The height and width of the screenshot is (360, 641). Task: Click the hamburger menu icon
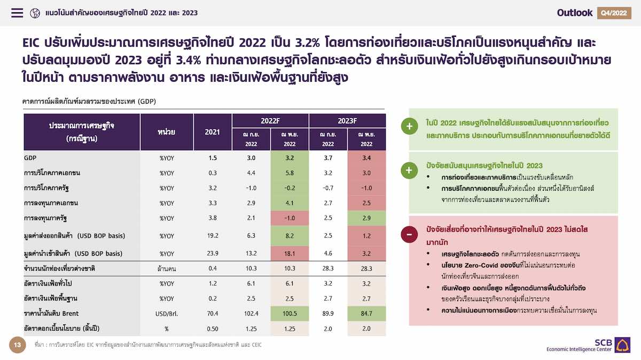[x=17, y=13]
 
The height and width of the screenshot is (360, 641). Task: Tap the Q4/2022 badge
[x=614, y=13]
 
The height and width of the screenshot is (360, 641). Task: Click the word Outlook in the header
[x=575, y=13]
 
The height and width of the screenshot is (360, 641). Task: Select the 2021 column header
[x=213, y=132]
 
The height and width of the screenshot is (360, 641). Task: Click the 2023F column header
[x=347, y=121]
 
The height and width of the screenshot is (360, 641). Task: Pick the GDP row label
[x=30, y=158]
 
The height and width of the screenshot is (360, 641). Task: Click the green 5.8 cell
[x=290, y=173]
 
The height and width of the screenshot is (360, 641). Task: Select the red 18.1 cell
[x=290, y=254]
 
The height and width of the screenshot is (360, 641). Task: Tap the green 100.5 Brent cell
[x=290, y=314]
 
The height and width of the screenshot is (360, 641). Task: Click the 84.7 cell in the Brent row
[x=366, y=314]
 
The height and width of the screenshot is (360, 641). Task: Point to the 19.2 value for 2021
[x=213, y=236]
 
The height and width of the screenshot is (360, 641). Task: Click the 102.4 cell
[x=251, y=314]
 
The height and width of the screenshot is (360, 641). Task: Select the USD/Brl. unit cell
[x=167, y=314]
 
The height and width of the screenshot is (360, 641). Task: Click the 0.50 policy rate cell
[x=213, y=329]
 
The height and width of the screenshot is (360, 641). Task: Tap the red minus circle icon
[x=409, y=234]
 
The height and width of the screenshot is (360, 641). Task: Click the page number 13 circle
[x=18, y=345]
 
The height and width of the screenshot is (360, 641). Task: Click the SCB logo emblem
[x=622, y=345]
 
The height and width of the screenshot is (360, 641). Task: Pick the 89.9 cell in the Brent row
[x=328, y=314]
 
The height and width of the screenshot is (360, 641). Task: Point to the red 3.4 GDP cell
[x=366, y=158]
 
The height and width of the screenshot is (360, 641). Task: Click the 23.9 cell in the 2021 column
[x=213, y=254]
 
